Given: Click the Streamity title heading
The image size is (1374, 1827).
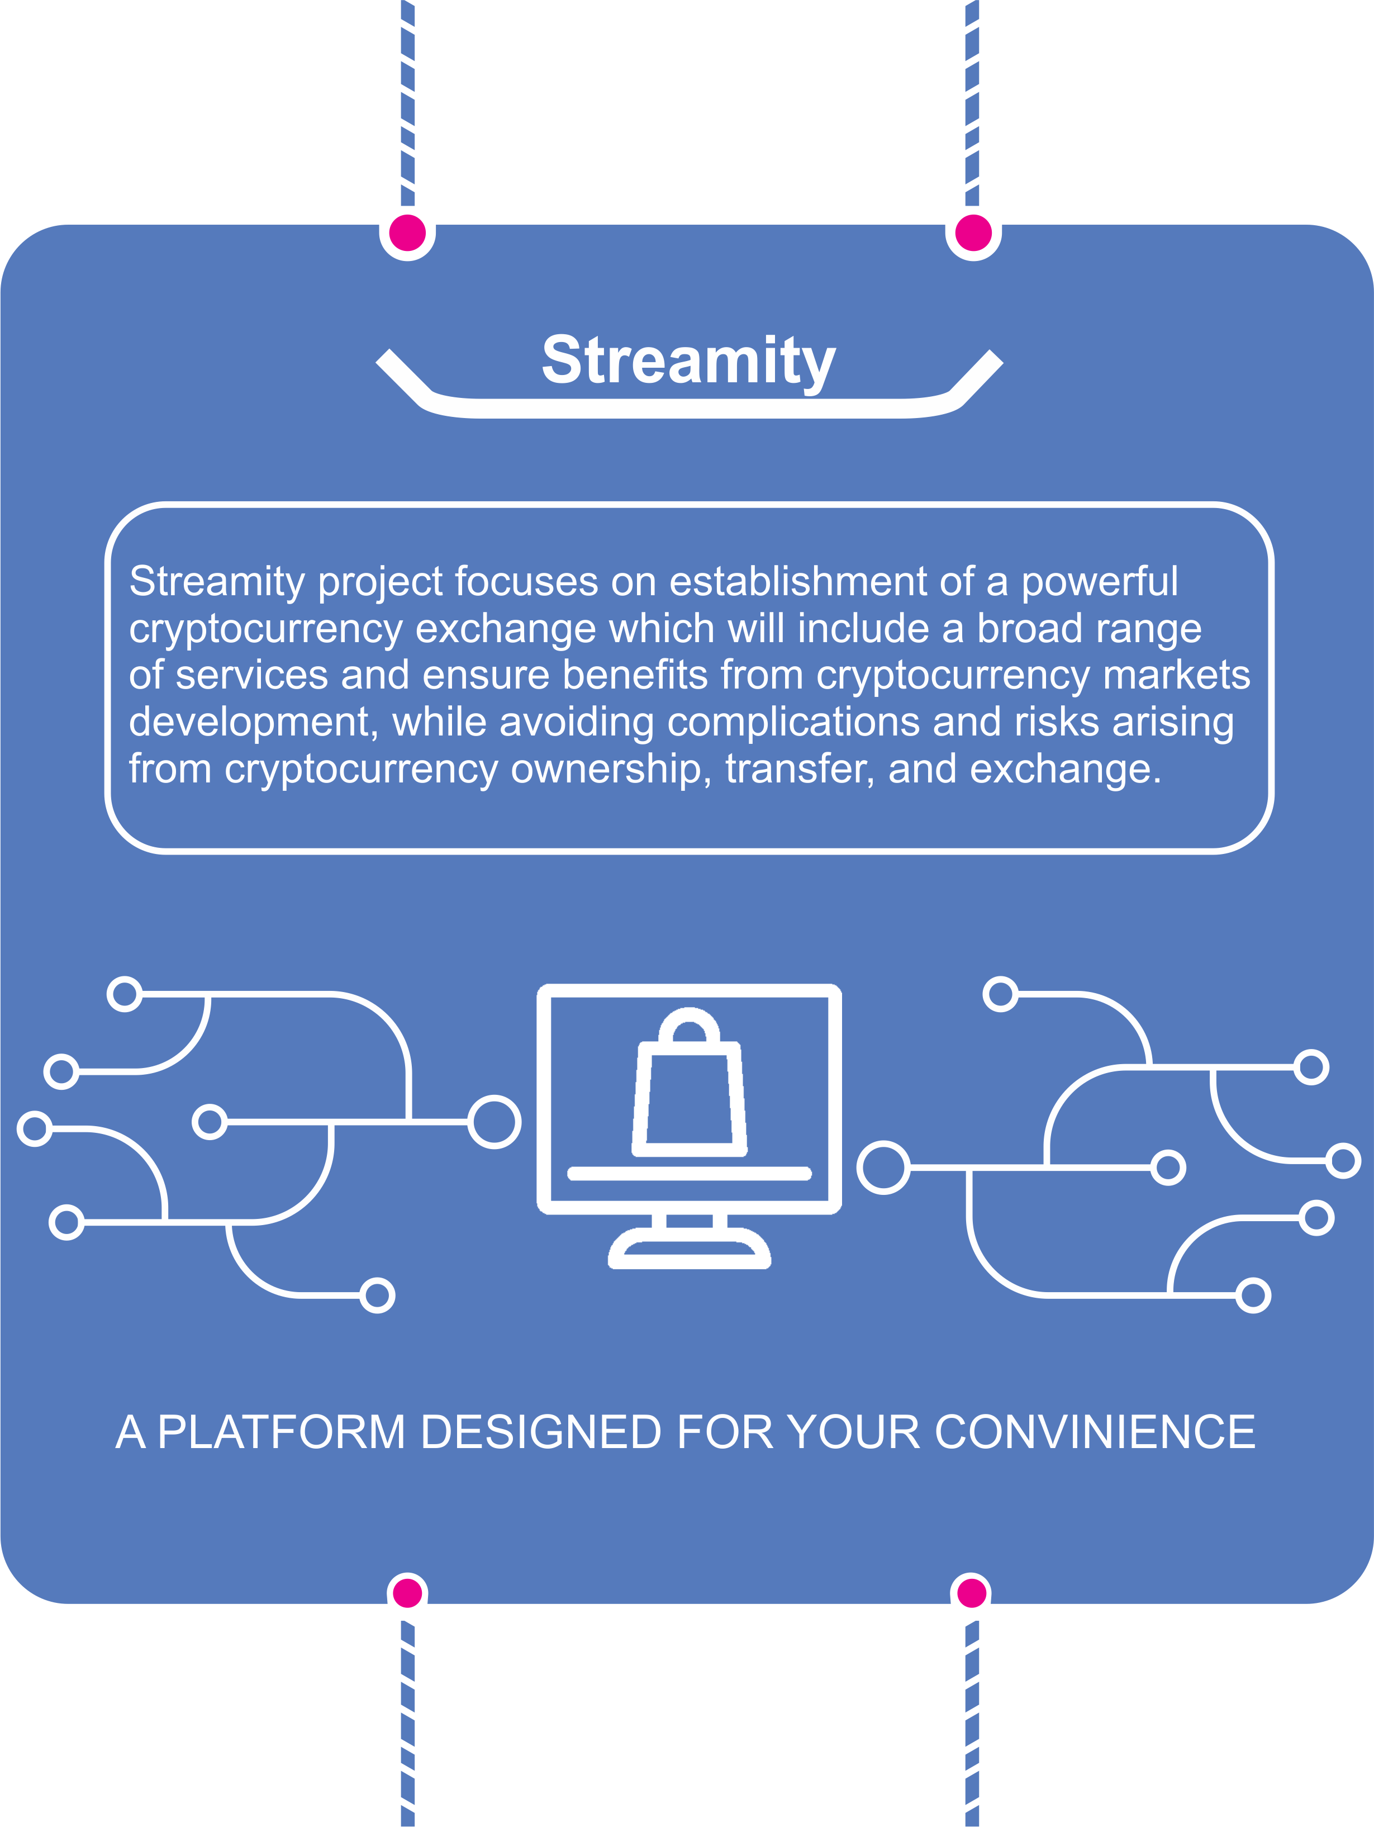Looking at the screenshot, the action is point(688,362).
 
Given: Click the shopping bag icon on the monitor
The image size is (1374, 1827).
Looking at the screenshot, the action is point(690,1081).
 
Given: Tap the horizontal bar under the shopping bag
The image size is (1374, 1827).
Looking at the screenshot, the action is point(690,1174).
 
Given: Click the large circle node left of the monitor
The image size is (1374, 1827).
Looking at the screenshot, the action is point(495,1122).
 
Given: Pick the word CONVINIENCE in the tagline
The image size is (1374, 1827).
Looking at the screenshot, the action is point(1095,1432).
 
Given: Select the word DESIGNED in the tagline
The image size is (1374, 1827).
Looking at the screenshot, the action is point(541,1432).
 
